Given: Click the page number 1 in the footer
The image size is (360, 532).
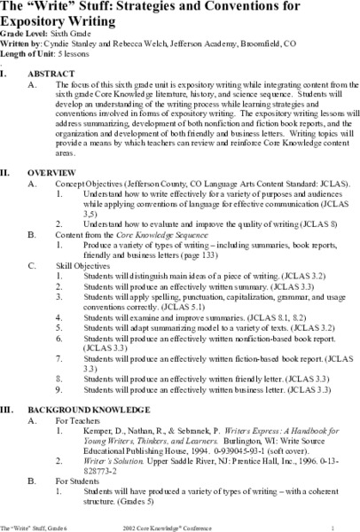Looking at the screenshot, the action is [x=347, y=527].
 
